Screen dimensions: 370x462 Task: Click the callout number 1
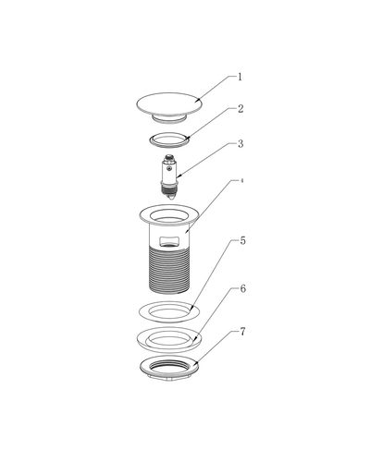click(240, 77)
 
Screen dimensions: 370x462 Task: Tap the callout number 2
click(240, 109)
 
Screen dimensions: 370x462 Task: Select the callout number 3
click(240, 144)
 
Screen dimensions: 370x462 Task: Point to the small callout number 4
click(242, 181)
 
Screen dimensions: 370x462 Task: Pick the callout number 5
click(243, 240)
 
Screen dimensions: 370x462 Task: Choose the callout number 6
click(243, 289)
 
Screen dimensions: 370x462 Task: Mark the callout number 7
click(243, 332)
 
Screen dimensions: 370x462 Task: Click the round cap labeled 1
click(169, 104)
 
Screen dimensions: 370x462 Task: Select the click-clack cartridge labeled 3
click(169, 176)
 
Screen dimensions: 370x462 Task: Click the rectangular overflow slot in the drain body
click(169, 241)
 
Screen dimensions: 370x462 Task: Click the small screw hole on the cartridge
click(168, 168)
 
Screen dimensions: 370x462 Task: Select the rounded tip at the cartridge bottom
click(169, 196)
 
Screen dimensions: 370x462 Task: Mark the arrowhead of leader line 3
click(179, 176)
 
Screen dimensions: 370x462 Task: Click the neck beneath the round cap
click(169, 120)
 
